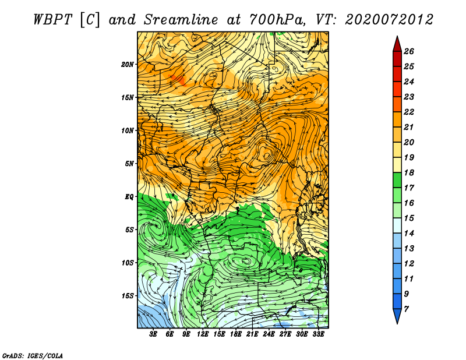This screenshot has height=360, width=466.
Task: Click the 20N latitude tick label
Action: (128, 64)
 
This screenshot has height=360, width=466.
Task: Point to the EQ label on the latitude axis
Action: (129, 196)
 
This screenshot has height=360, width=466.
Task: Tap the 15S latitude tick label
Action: (128, 296)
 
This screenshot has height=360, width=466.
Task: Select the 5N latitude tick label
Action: (129, 164)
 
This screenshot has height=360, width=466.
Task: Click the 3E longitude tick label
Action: (153, 334)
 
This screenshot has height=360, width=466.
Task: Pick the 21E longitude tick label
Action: (252, 334)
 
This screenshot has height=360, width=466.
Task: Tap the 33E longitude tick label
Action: (318, 334)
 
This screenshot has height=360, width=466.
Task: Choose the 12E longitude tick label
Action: (202, 334)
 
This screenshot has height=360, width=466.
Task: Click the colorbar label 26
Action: (409, 51)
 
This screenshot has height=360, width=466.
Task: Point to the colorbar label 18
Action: (409, 172)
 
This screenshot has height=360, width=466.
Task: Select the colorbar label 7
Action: (406, 309)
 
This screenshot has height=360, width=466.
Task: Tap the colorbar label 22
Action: (409, 112)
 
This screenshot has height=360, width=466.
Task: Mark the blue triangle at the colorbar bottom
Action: (397, 315)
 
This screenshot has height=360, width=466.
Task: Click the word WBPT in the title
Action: (52, 20)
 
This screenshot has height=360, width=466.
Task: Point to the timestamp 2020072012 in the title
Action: (389, 20)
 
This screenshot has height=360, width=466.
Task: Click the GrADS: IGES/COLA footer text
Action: (33, 356)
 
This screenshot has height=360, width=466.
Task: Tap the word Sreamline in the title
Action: (181, 20)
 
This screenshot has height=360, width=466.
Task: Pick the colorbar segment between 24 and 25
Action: (397, 74)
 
